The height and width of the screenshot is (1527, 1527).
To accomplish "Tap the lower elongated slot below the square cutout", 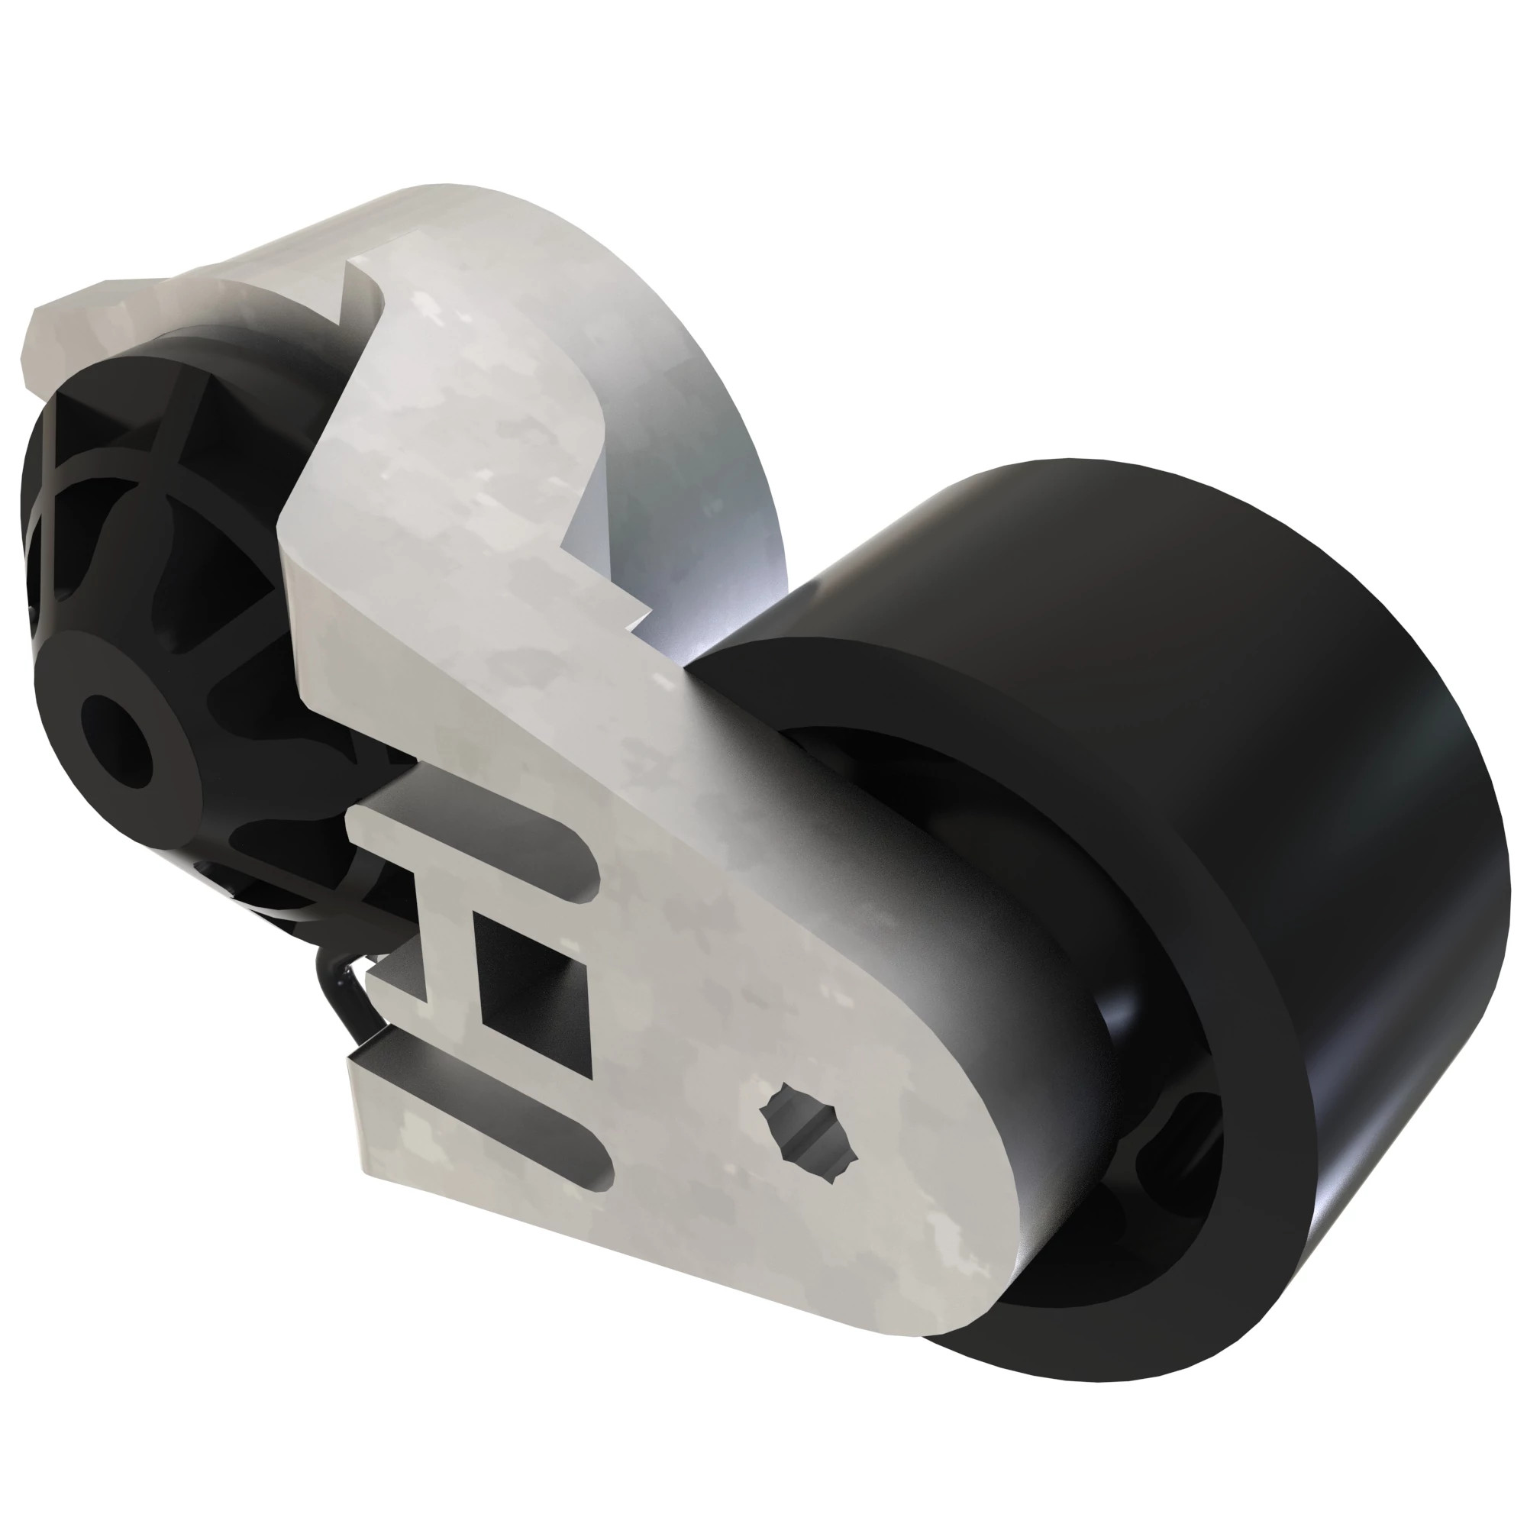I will [506, 1106].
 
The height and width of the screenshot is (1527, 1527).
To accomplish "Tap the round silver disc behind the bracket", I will [696, 443].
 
